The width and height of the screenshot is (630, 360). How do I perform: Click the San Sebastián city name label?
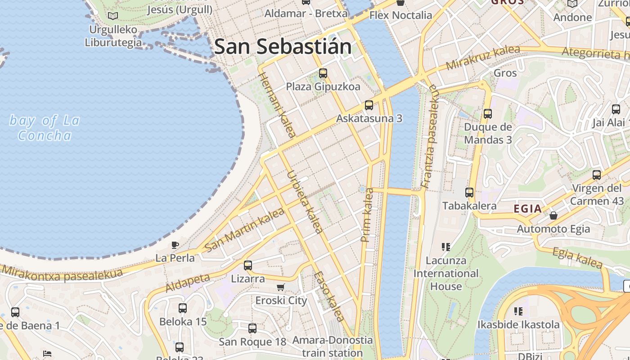[283, 47]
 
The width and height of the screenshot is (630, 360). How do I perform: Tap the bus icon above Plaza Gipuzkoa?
[323, 73]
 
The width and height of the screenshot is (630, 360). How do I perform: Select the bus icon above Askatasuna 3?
[369, 105]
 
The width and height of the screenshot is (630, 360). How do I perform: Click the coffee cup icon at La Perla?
[175, 245]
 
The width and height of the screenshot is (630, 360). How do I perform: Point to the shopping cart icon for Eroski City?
[281, 287]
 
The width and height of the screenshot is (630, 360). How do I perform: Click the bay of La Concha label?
[45, 128]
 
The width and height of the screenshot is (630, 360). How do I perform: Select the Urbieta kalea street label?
[305, 202]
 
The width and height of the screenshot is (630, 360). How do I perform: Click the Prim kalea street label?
[368, 215]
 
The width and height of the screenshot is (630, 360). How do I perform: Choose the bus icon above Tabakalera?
[469, 193]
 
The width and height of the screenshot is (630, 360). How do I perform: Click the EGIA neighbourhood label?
[528, 208]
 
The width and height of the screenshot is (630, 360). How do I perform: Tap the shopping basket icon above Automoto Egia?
[553, 216]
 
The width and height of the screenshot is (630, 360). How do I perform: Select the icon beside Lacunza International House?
[445, 247]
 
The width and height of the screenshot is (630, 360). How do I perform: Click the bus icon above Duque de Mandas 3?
[488, 114]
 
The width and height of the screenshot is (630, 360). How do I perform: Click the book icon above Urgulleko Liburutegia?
[113, 16]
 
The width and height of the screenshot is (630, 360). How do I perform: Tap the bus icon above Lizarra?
[247, 265]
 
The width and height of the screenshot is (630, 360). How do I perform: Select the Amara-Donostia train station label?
[333, 346]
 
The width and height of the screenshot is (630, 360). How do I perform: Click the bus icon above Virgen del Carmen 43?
[597, 175]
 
